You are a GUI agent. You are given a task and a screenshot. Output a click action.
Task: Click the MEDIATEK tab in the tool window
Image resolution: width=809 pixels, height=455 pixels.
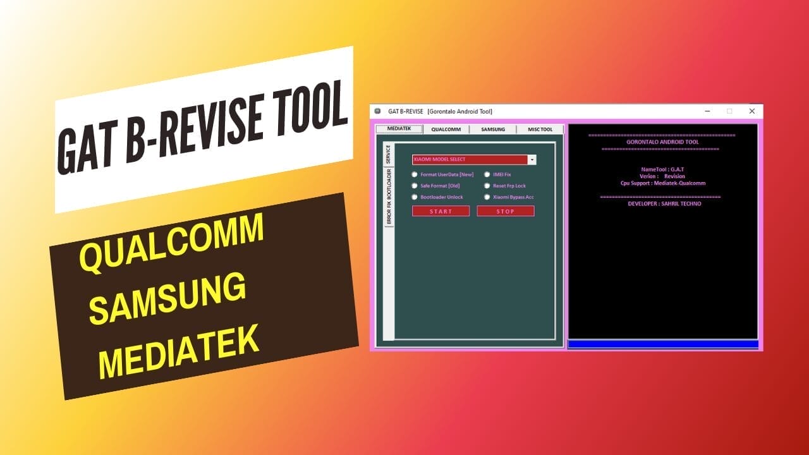click(399, 129)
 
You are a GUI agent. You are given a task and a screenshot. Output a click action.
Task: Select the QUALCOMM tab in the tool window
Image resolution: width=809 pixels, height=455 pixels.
click(446, 130)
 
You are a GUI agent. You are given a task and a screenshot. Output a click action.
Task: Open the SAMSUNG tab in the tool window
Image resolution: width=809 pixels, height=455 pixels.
click(493, 130)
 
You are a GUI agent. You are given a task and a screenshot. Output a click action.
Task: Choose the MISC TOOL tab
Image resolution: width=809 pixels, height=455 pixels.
click(540, 130)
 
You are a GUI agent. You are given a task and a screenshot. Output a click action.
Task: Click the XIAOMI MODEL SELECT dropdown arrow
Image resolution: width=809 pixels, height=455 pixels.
click(532, 160)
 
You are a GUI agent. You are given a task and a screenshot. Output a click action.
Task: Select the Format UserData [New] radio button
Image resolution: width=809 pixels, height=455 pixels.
click(415, 174)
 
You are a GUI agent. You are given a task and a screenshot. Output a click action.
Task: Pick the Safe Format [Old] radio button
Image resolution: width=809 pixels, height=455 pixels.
click(415, 186)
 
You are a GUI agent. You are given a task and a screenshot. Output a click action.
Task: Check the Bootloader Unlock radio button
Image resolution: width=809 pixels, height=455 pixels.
click(415, 197)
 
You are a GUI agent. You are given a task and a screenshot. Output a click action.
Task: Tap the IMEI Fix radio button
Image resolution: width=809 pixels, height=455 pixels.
click(487, 174)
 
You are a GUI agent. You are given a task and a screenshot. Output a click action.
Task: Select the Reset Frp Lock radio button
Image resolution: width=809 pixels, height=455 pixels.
click(487, 186)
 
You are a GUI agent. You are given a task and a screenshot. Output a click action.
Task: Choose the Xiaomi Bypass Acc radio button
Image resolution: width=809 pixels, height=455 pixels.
click(487, 197)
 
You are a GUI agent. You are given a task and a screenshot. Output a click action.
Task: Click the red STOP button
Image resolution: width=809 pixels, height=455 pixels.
click(505, 211)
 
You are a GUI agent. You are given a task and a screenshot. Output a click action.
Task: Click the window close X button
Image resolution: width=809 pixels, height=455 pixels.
click(751, 111)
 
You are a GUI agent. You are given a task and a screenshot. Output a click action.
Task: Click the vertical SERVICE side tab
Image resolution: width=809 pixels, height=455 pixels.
click(388, 155)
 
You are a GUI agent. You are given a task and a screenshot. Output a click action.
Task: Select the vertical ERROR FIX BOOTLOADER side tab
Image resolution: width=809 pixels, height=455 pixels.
click(389, 197)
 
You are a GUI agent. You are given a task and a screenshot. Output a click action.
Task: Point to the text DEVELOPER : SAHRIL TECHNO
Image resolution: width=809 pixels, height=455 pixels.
click(664, 204)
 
